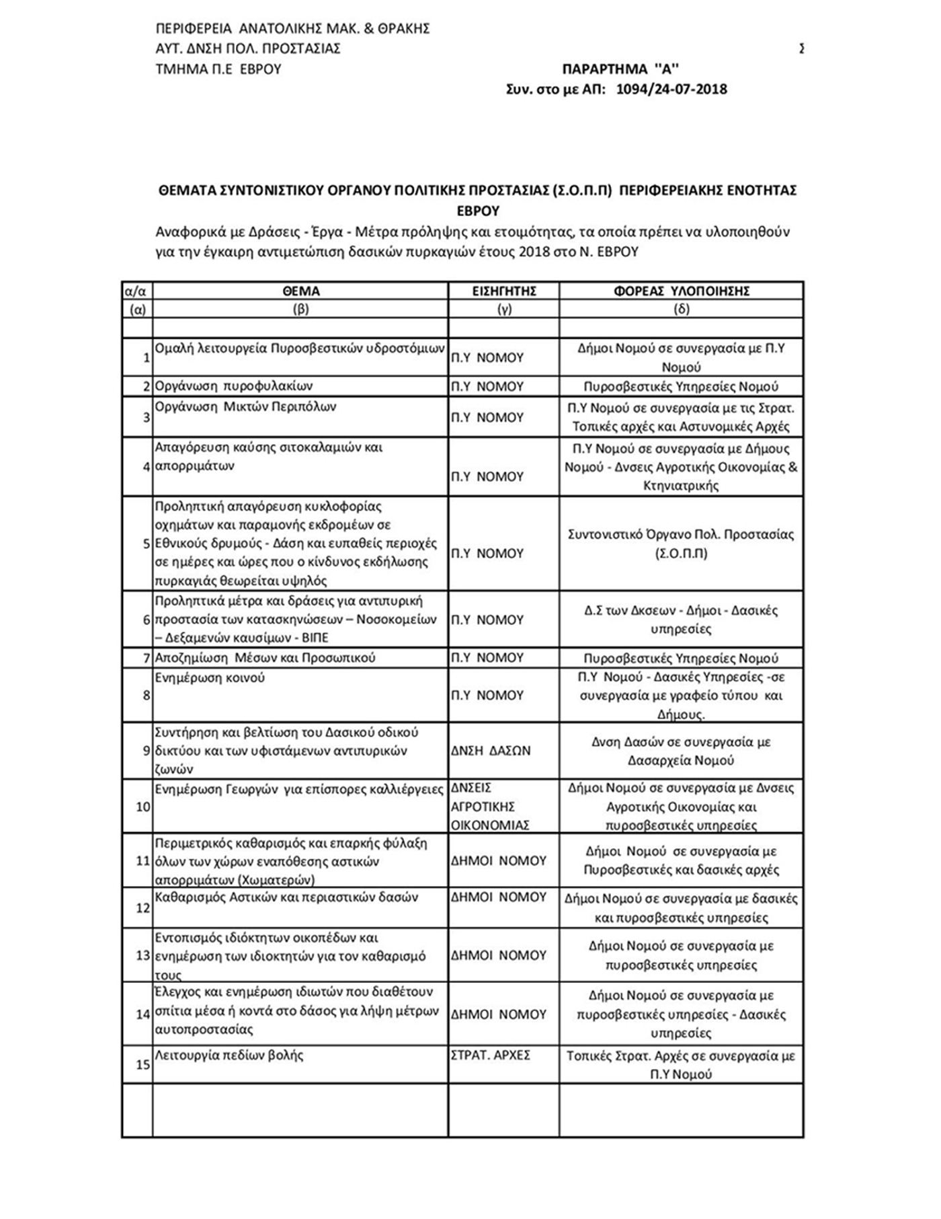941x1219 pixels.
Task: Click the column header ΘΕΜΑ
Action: [x=300, y=291]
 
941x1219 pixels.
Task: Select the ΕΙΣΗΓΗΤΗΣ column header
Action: [x=503, y=291]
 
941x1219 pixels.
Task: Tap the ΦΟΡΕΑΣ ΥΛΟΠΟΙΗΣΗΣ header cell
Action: [x=681, y=291]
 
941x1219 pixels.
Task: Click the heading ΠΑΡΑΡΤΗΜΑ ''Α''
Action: [x=620, y=69]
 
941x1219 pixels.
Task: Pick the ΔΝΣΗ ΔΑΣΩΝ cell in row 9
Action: [x=491, y=751]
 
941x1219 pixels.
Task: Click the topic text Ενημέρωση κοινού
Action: [x=210, y=678]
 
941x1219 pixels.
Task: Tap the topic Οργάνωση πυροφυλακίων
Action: [x=233, y=386]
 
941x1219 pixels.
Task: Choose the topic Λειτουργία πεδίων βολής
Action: [x=229, y=1056]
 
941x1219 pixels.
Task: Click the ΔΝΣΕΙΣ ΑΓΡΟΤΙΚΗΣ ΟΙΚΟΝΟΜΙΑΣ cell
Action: [x=491, y=806]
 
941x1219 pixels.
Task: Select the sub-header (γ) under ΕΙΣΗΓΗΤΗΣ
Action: [x=503, y=309]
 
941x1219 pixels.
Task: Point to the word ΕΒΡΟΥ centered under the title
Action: [x=478, y=211]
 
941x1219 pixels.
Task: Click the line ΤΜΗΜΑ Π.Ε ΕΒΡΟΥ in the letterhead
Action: [x=218, y=69]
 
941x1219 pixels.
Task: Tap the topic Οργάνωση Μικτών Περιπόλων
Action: [x=245, y=407]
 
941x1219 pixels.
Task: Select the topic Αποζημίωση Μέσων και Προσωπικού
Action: [x=265, y=658]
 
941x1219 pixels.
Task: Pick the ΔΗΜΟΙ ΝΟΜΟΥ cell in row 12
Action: [x=499, y=897]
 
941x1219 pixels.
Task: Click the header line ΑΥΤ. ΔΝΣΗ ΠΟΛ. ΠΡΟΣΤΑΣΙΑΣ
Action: [x=247, y=48]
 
